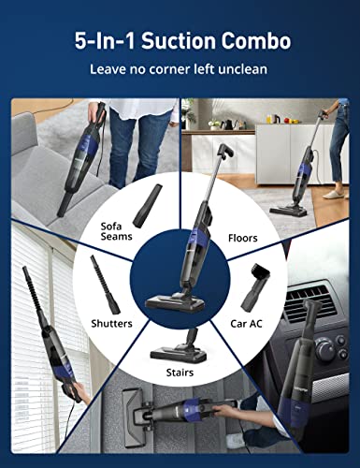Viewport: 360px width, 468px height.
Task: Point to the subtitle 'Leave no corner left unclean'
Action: (180, 69)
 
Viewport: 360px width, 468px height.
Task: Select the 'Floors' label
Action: (242, 238)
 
